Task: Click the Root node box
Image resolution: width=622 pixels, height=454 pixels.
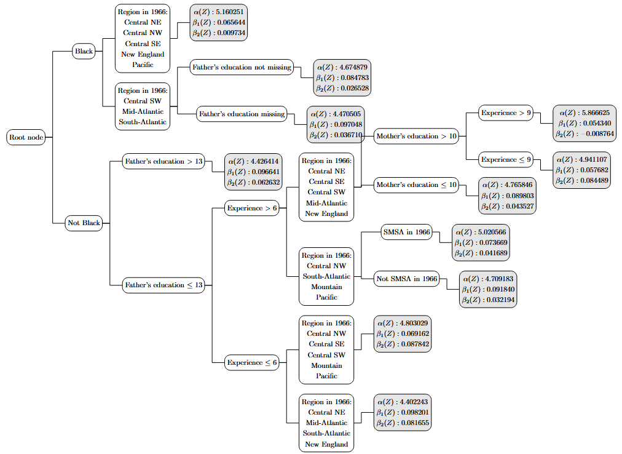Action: [x=26, y=137]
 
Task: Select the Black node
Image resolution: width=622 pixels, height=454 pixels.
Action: [x=84, y=51]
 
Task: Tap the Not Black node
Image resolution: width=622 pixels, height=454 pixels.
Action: [x=83, y=223]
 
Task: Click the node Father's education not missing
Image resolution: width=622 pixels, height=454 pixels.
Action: [x=242, y=67]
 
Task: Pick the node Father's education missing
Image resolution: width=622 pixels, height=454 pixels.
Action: [x=242, y=114]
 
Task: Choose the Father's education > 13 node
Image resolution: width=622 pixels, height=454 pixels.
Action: [x=163, y=162]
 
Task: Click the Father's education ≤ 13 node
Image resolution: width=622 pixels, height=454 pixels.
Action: [x=163, y=285]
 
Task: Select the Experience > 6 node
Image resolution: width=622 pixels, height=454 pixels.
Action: [x=252, y=208]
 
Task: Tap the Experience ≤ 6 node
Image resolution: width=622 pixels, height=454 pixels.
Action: [x=252, y=362]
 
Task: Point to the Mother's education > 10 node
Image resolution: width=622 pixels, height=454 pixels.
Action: [x=416, y=136]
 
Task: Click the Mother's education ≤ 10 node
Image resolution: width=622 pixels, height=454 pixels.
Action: [x=416, y=185]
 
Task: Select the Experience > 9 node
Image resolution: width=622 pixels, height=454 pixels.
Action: [x=506, y=113]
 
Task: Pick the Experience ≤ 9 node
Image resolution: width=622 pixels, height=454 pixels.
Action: [x=506, y=159]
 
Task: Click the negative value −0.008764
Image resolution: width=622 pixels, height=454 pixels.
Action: [x=591, y=133]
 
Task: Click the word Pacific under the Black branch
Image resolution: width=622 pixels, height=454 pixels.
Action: [x=143, y=65]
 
